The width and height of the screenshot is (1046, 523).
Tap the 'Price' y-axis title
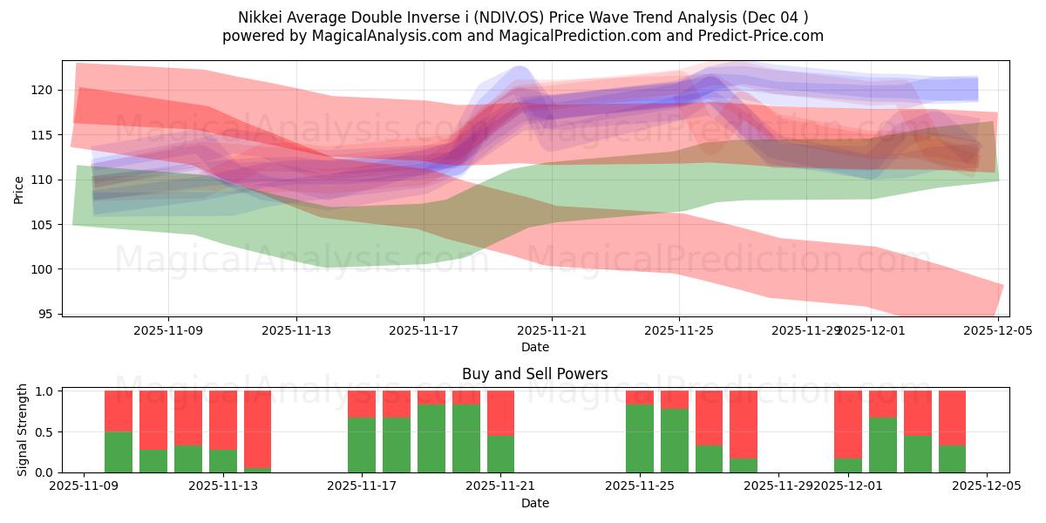(19, 188)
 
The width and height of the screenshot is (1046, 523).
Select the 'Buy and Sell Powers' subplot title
(534, 374)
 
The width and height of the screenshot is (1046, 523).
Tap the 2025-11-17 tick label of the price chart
(424, 330)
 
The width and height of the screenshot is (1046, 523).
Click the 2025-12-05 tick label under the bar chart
(987, 486)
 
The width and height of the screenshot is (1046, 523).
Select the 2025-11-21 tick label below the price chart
(552, 330)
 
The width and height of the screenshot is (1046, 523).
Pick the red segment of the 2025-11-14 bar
(258, 429)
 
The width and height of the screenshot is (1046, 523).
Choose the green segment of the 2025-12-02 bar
(883, 445)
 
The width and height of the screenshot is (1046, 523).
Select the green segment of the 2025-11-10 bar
(119, 452)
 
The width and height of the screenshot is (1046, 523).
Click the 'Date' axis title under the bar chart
(534, 503)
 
